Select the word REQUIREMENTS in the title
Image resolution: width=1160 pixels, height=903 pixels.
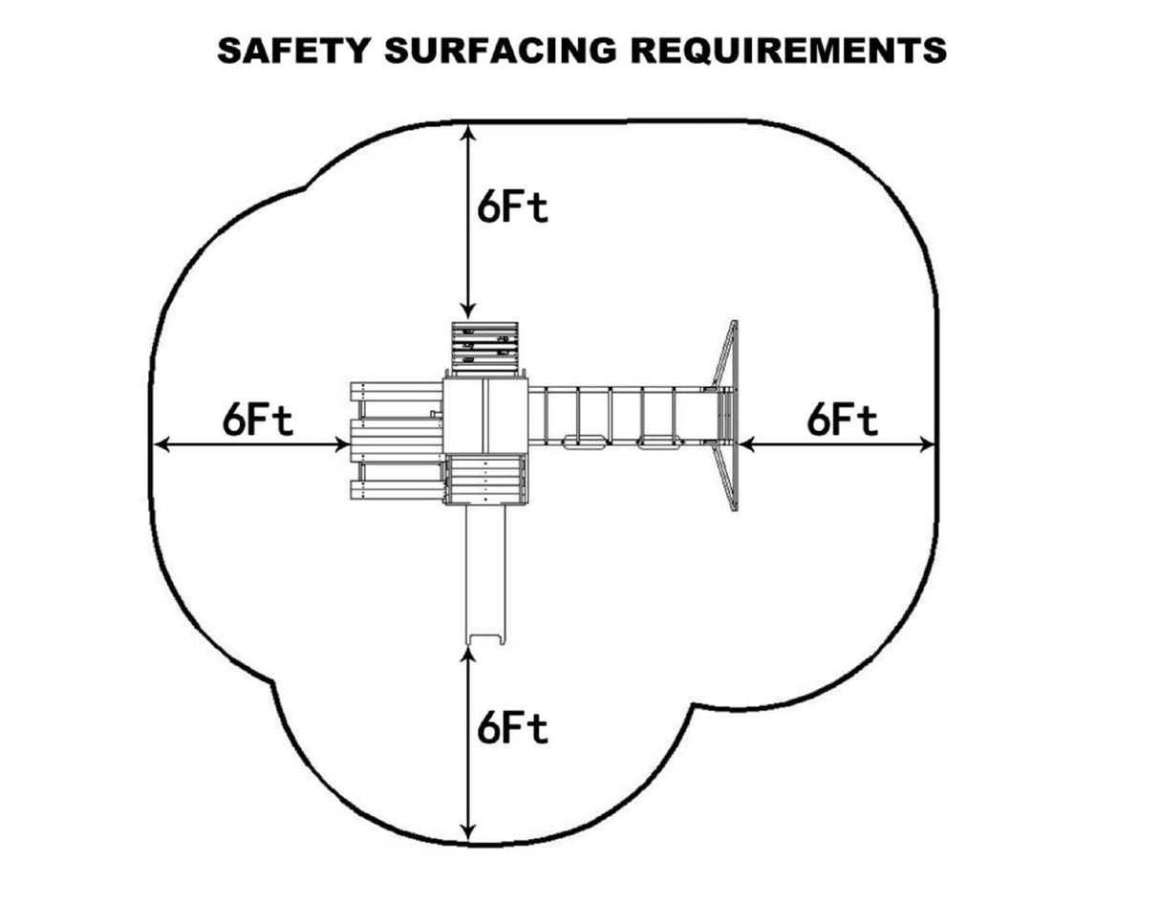pos(788,50)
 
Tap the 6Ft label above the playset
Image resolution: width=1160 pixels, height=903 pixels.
pos(513,206)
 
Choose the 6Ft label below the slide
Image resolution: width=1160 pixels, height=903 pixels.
pos(513,729)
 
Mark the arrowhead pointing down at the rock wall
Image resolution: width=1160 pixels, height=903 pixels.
pos(467,310)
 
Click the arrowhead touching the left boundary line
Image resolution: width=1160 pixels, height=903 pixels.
pos(161,443)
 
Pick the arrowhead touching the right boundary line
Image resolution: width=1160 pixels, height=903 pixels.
pos(927,443)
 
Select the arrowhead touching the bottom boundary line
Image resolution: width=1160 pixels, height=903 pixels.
pos(467,833)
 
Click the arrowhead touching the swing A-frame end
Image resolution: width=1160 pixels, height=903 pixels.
pos(746,443)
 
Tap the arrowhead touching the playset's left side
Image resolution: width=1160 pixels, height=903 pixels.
pos(340,443)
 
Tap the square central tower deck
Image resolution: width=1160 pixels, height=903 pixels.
pos(485,416)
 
